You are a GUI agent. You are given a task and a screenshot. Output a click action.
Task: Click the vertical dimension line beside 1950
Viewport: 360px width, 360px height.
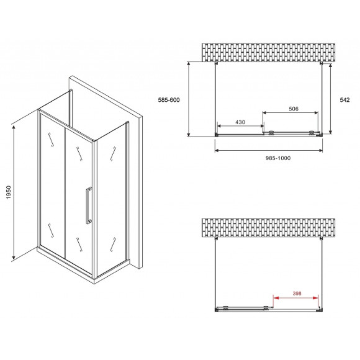14,191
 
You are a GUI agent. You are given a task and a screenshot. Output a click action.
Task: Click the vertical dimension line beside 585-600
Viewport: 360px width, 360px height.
189,99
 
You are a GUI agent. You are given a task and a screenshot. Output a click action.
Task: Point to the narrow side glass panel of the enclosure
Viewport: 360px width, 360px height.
112,196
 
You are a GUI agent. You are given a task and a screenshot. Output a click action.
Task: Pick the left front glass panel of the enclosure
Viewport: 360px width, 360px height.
53,183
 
